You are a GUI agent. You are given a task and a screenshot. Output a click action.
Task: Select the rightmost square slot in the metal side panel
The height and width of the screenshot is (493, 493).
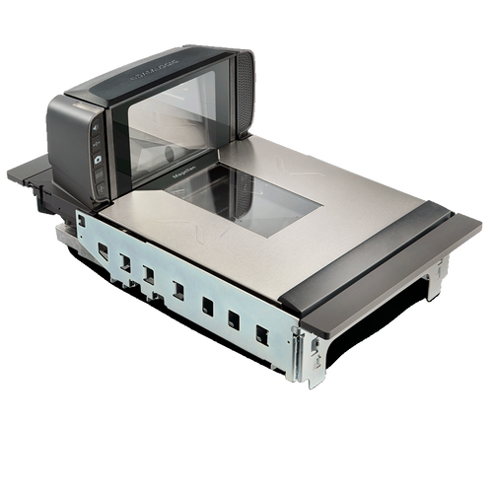point(262,334)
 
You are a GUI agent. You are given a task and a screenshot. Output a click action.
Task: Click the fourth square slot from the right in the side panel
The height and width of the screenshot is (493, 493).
point(178,290)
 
